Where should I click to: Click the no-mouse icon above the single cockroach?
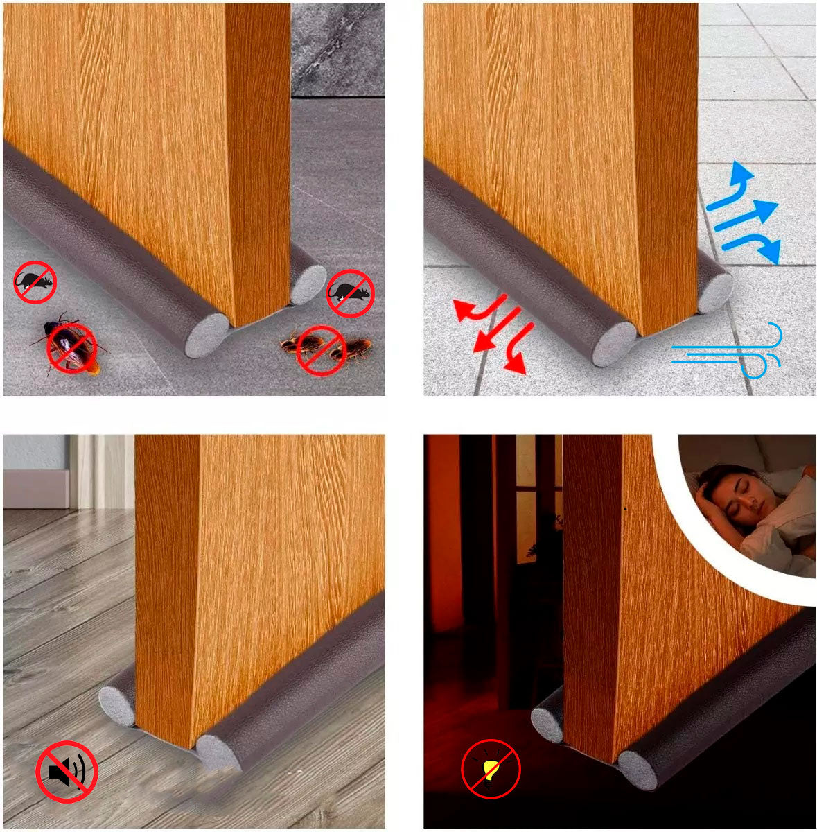point(35,282)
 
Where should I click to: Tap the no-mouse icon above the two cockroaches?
point(350,293)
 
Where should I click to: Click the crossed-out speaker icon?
point(67,772)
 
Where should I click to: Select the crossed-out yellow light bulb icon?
point(491,769)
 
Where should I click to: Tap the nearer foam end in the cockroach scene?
point(207,335)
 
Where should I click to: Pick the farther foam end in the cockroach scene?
point(308,282)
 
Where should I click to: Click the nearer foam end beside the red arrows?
point(614,344)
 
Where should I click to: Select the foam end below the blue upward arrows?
point(714,292)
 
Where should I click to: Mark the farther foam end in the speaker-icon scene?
point(116,705)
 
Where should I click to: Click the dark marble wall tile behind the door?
point(337,49)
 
